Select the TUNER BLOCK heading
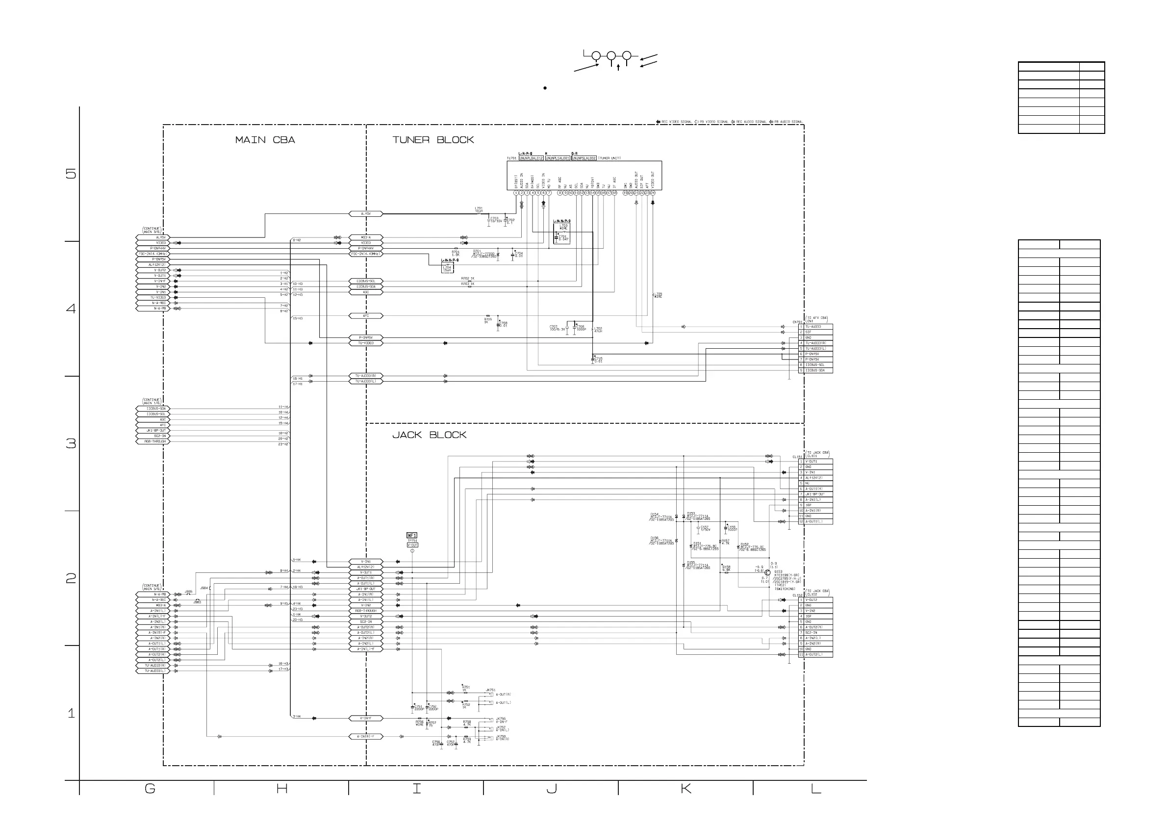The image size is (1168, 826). tap(433, 140)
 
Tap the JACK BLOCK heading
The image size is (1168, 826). tap(429, 435)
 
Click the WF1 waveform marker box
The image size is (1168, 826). tap(411, 535)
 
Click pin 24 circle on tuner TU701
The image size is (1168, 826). tap(653, 193)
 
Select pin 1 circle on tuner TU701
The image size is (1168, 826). tap(516, 193)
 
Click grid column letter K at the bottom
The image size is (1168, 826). tap(685, 789)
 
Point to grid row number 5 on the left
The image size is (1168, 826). tap(71, 174)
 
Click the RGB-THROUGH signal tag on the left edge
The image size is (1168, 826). tap(152, 442)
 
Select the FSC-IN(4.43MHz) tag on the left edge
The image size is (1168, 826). tap(152, 254)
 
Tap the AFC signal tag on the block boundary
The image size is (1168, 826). tap(366, 316)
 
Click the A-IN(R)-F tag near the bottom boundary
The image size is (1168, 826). tap(366, 736)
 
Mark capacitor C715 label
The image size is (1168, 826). tap(598, 360)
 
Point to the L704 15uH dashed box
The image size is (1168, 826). tap(447, 268)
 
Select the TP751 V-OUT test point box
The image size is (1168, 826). tap(412, 543)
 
